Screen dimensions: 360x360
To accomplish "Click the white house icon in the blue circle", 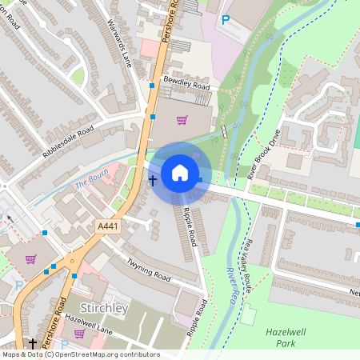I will pos(180,173).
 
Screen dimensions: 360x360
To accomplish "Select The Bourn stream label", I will pos(90,183).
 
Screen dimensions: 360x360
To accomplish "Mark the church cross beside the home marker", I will pos(153,180).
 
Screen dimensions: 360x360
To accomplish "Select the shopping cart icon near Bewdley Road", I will pos(182,122).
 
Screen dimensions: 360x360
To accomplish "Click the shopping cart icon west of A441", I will pos(30,259).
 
